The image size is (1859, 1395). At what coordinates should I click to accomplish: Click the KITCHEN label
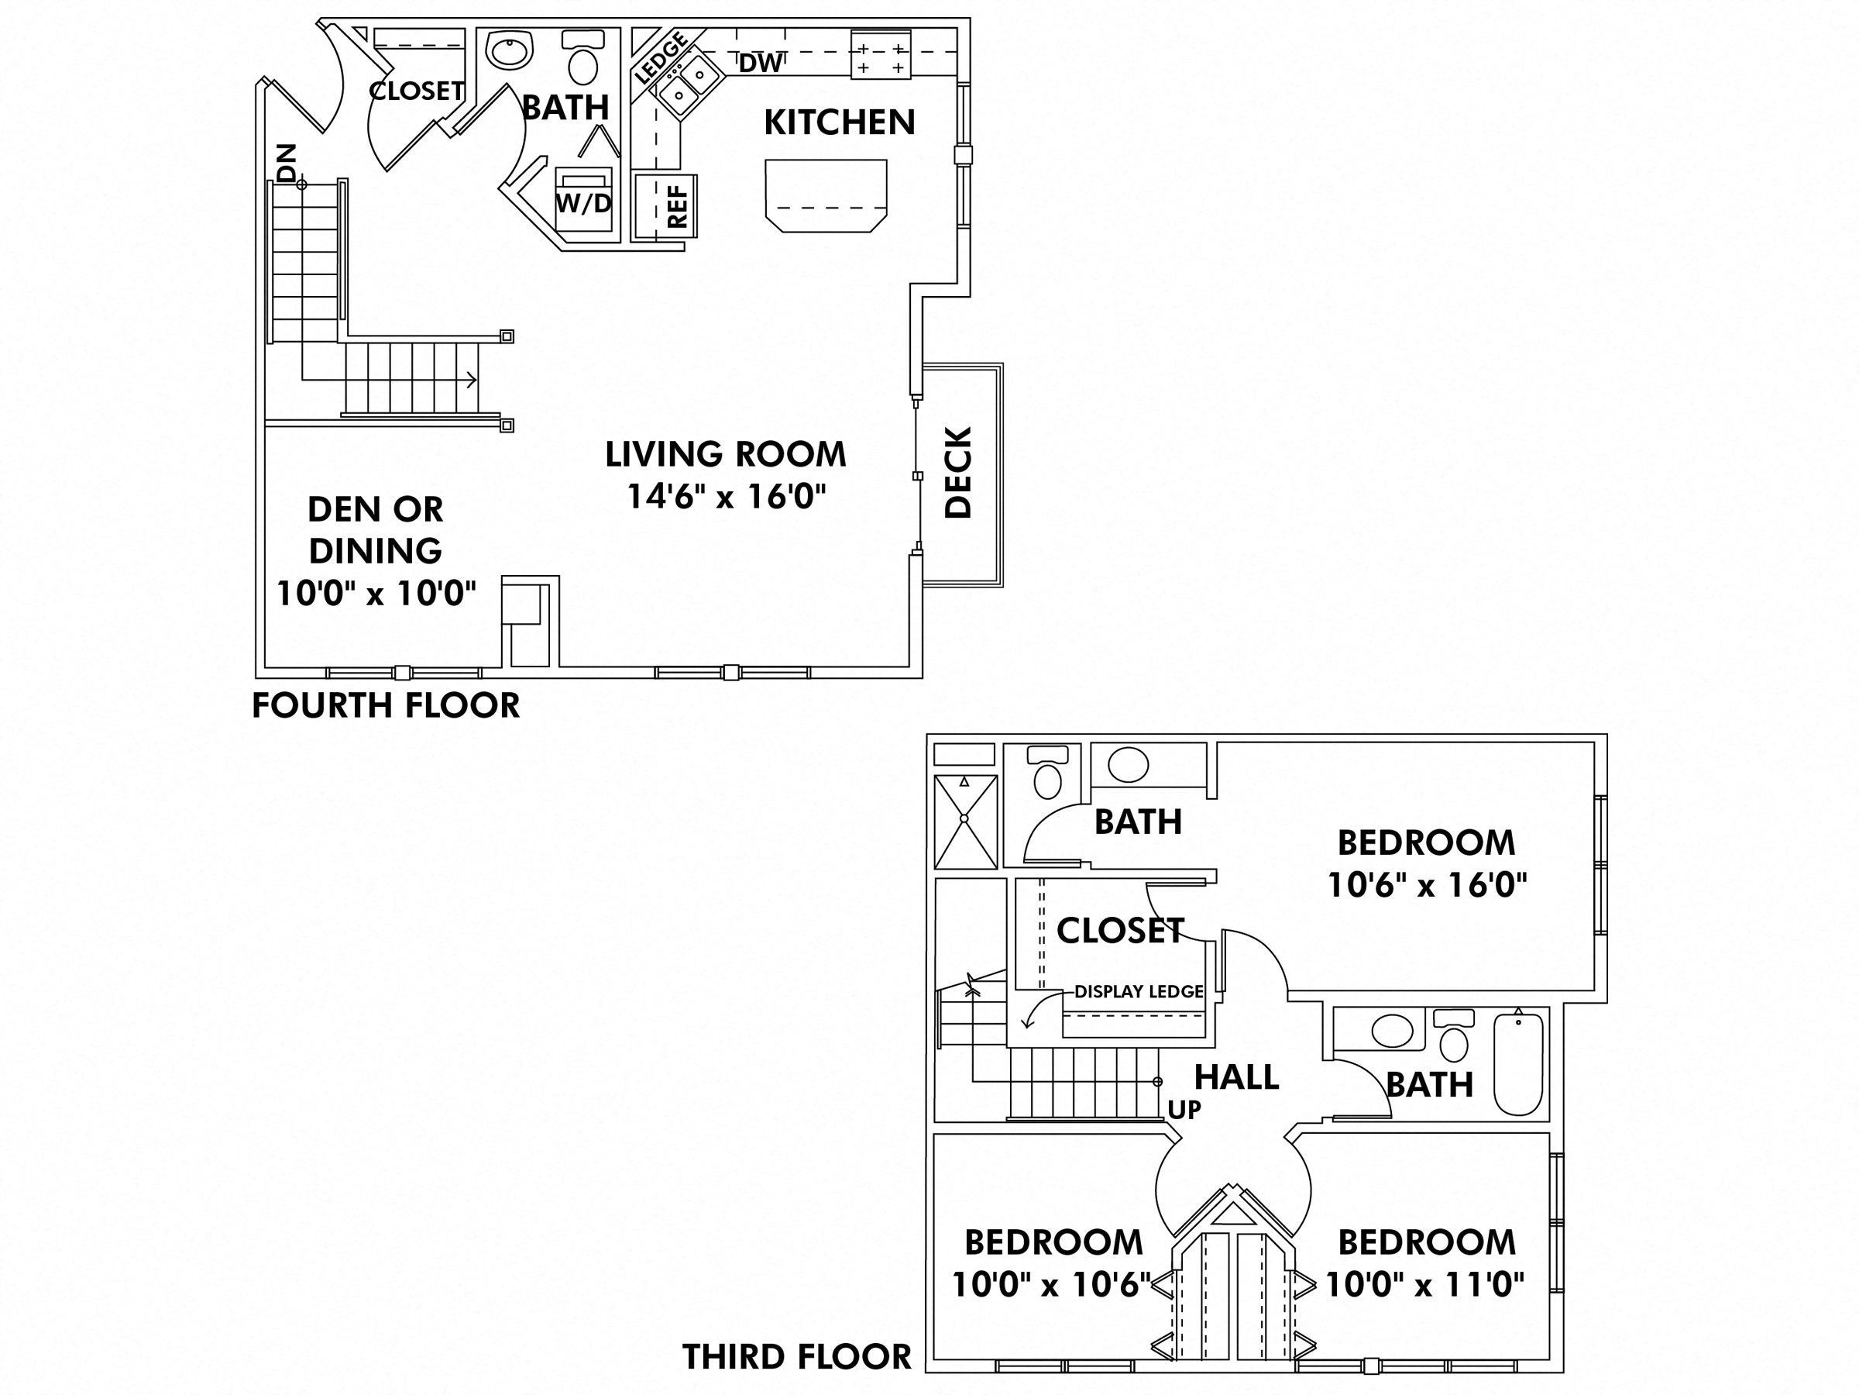(x=839, y=122)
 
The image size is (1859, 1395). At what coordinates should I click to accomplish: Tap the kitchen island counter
(x=825, y=195)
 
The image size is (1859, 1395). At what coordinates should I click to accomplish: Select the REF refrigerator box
(x=665, y=206)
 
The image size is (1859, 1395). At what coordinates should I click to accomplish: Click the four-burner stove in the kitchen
(x=880, y=55)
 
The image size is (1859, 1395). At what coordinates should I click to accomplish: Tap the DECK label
(x=958, y=473)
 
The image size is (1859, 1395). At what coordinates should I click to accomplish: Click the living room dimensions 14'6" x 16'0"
(x=726, y=496)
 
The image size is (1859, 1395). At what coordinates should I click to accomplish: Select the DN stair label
(x=287, y=162)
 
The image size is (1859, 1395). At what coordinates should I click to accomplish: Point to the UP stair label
(x=1184, y=1110)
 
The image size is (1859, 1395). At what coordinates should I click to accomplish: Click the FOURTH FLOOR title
(x=386, y=705)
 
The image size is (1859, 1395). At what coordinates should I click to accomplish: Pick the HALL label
(x=1236, y=1077)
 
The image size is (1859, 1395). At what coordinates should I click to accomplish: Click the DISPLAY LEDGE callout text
(x=1138, y=991)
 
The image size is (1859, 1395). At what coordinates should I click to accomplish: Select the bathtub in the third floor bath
(x=1517, y=1064)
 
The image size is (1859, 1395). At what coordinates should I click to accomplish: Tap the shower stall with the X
(x=965, y=821)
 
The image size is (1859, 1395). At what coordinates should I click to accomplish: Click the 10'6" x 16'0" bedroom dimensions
(x=1426, y=884)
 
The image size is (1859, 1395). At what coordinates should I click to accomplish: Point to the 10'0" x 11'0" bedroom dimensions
(x=1424, y=1284)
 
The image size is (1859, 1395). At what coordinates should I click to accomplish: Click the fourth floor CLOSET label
(x=417, y=91)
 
